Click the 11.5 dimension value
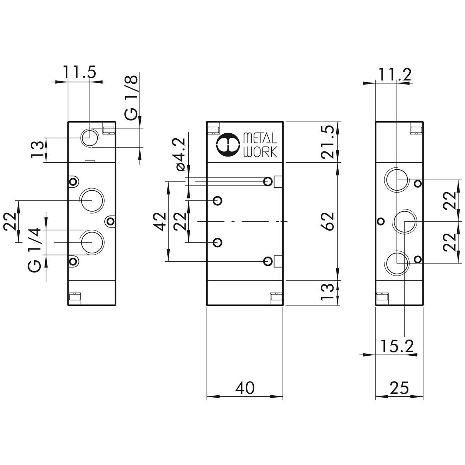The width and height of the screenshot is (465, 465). click(x=79, y=72)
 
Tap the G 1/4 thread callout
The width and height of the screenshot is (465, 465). click(x=35, y=250)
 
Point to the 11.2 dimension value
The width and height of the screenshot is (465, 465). click(x=394, y=74)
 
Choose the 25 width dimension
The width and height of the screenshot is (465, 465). click(x=399, y=388)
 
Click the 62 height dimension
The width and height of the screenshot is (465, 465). click(x=328, y=221)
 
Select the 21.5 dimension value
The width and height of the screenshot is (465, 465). click(x=328, y=141)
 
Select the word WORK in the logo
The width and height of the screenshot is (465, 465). click(x=260, y=152)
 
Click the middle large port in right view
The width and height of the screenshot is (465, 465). click(x=404, y=221)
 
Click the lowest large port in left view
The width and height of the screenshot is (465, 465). click(x=91, y=242)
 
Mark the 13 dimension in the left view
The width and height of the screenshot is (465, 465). click(x=37, y=150)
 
